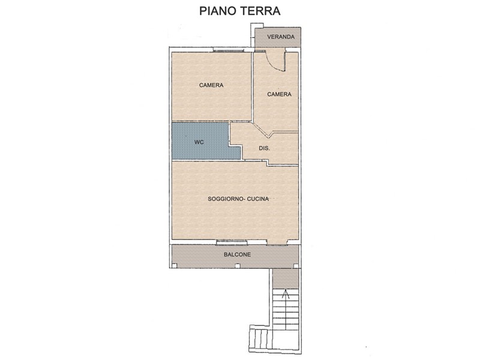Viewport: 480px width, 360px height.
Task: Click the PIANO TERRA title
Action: click(x=239, y=11)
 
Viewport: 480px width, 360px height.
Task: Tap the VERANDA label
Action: click(x=281, y=37)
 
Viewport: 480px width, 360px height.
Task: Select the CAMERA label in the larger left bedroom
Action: click(x=211, y=85)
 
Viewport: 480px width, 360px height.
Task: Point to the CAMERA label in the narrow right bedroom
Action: click(x=279, y=94)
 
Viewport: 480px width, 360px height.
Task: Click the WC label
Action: click(x=199, y=142)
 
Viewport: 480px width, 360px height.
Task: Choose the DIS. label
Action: click(x=265, y=148)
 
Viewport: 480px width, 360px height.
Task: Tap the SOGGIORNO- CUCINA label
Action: click(x=238, y=199)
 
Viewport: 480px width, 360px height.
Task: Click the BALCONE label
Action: click(x=237, y=254)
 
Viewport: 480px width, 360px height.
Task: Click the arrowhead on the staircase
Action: click(x=286, y=293)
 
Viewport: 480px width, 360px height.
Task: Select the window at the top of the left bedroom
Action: click(x=229, y=50)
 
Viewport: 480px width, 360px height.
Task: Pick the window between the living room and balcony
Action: click(x=232, y=242)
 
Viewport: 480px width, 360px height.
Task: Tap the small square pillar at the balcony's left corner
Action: click(x=174, y=266)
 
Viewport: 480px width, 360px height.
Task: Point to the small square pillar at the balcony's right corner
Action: click(x=296, y=266)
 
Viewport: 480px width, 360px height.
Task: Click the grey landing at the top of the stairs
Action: click(x=286, y=278)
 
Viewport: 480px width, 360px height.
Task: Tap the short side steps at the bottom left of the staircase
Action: click(x=260, y=339)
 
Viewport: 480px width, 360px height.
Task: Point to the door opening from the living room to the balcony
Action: click(x=277, y=242)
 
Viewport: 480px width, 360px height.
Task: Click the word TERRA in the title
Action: click(x=260, y=11)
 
